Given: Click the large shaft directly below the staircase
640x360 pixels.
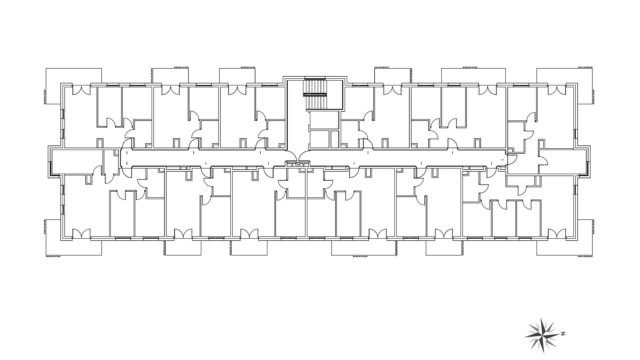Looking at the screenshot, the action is [x=324, y=120].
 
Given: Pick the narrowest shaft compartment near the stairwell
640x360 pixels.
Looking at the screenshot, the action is [x=335, y=139].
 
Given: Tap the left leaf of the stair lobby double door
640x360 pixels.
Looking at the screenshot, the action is [x=291, y=155].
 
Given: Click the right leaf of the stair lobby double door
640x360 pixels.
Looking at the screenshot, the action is [x=304, y=155].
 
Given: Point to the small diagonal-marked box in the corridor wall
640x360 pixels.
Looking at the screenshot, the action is [x=298, y=164].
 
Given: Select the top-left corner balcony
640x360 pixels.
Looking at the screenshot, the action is [x=74, y=86].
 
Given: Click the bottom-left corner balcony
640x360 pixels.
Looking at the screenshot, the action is [x=74, y=237].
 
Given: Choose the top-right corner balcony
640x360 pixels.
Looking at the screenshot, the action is [x=565, y=86].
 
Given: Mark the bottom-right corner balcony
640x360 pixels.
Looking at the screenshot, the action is [x=565, y=237].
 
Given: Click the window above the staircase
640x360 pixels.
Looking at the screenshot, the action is [x=315, y=78].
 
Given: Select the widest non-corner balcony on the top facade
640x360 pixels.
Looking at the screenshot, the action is [x=473, y=76].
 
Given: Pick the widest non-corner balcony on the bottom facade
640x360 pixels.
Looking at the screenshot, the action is [x=364, y=247].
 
